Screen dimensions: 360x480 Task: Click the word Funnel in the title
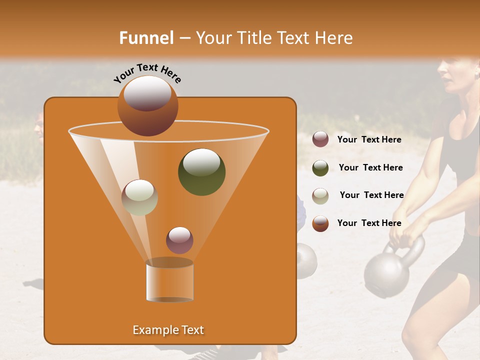(146, 38)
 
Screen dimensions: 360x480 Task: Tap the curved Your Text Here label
(147, 72)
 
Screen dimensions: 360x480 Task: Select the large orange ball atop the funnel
(147, 106)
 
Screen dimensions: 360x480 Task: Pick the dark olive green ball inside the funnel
(201, 172)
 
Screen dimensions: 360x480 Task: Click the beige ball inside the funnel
(139, 197)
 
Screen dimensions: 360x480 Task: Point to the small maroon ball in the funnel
(179, 240)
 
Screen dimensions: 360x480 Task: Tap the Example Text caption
(168, 330)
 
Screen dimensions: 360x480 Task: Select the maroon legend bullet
(320, 139)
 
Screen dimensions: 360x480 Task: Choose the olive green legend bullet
(320, 167)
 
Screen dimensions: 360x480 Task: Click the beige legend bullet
(320, 195)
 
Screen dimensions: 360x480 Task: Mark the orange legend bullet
(320, 223)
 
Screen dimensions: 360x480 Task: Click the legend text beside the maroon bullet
(369, 139)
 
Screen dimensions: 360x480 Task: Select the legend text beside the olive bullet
(370, 167)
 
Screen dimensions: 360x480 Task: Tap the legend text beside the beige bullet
(371, 195)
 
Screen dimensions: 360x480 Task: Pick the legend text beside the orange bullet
(369, 223)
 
